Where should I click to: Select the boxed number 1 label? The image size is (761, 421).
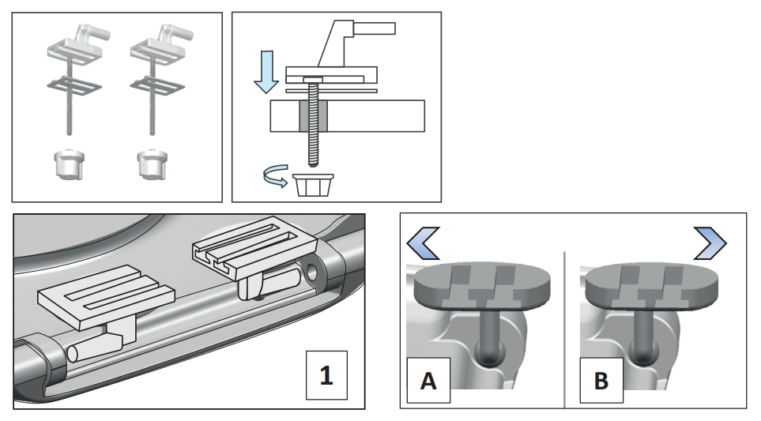[x=327, y=375]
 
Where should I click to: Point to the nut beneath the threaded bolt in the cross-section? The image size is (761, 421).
[x=314, y=185]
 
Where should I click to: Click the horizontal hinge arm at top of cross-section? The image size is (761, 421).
[x=371, y=29]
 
